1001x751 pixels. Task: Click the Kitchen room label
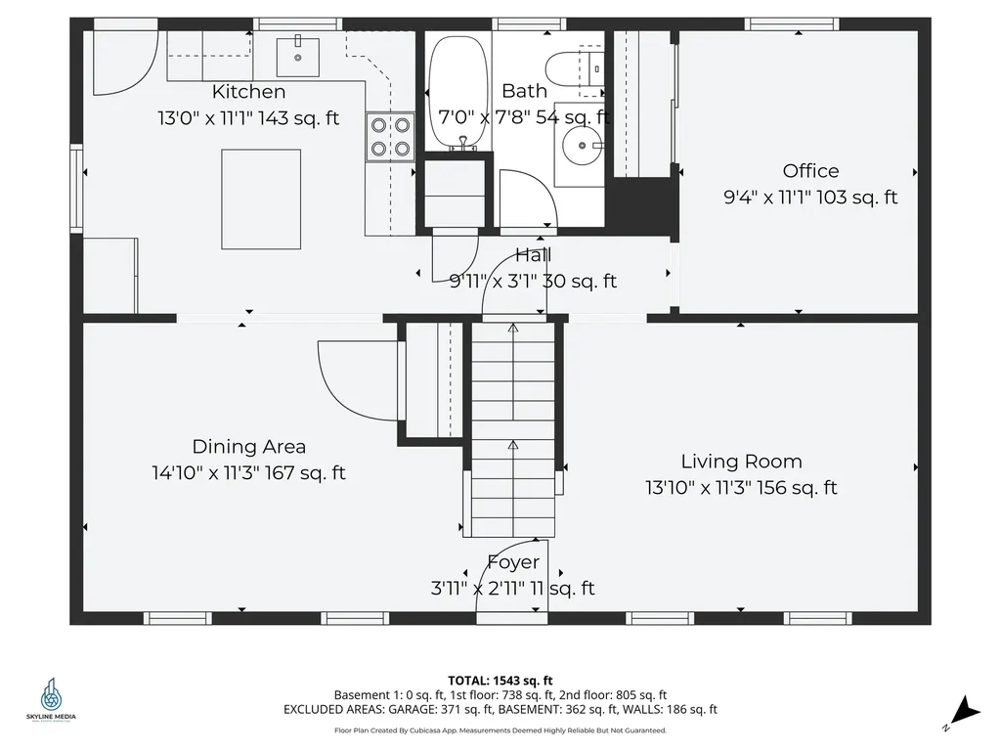[x=248, y=91]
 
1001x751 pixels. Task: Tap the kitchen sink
[x=297, y=57]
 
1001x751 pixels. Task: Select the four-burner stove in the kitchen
[x=390, y=137]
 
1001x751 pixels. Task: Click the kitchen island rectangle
[x=261, y=199]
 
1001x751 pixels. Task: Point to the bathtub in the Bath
[x=457, y=91]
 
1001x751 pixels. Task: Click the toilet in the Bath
[x=574, y=67]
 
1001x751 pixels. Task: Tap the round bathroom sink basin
[x=583, y=146]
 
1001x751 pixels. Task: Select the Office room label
[x=810, y=170]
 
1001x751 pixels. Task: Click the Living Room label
[x=741, y=462]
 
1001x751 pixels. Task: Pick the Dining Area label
[x=249, y=446]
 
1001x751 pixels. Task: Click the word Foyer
[x=513, y=562]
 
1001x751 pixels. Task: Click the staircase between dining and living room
[x=512, y=430]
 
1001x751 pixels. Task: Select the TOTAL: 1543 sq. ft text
[x=500, y=681]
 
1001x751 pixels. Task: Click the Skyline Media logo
[x=51, y=698]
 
